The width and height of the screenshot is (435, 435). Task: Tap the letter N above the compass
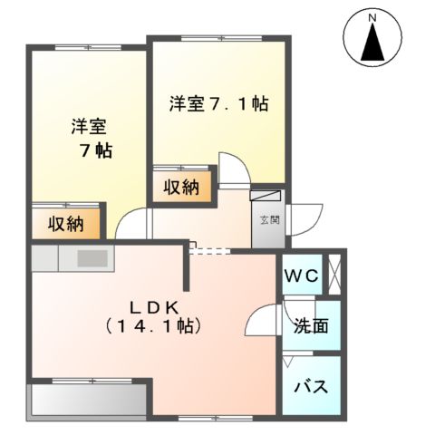(x=372, y=15)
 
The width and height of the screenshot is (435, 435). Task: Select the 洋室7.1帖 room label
(x=217, y=103)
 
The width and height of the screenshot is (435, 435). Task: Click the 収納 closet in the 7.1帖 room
(x=182, y=188)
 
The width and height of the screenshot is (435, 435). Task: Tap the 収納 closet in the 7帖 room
(x=66, y=223)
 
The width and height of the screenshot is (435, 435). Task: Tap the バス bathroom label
(x=310, y=385)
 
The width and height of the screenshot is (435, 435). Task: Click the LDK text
(x=153, y=304)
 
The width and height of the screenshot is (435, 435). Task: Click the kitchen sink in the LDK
(x=92, y=258)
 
